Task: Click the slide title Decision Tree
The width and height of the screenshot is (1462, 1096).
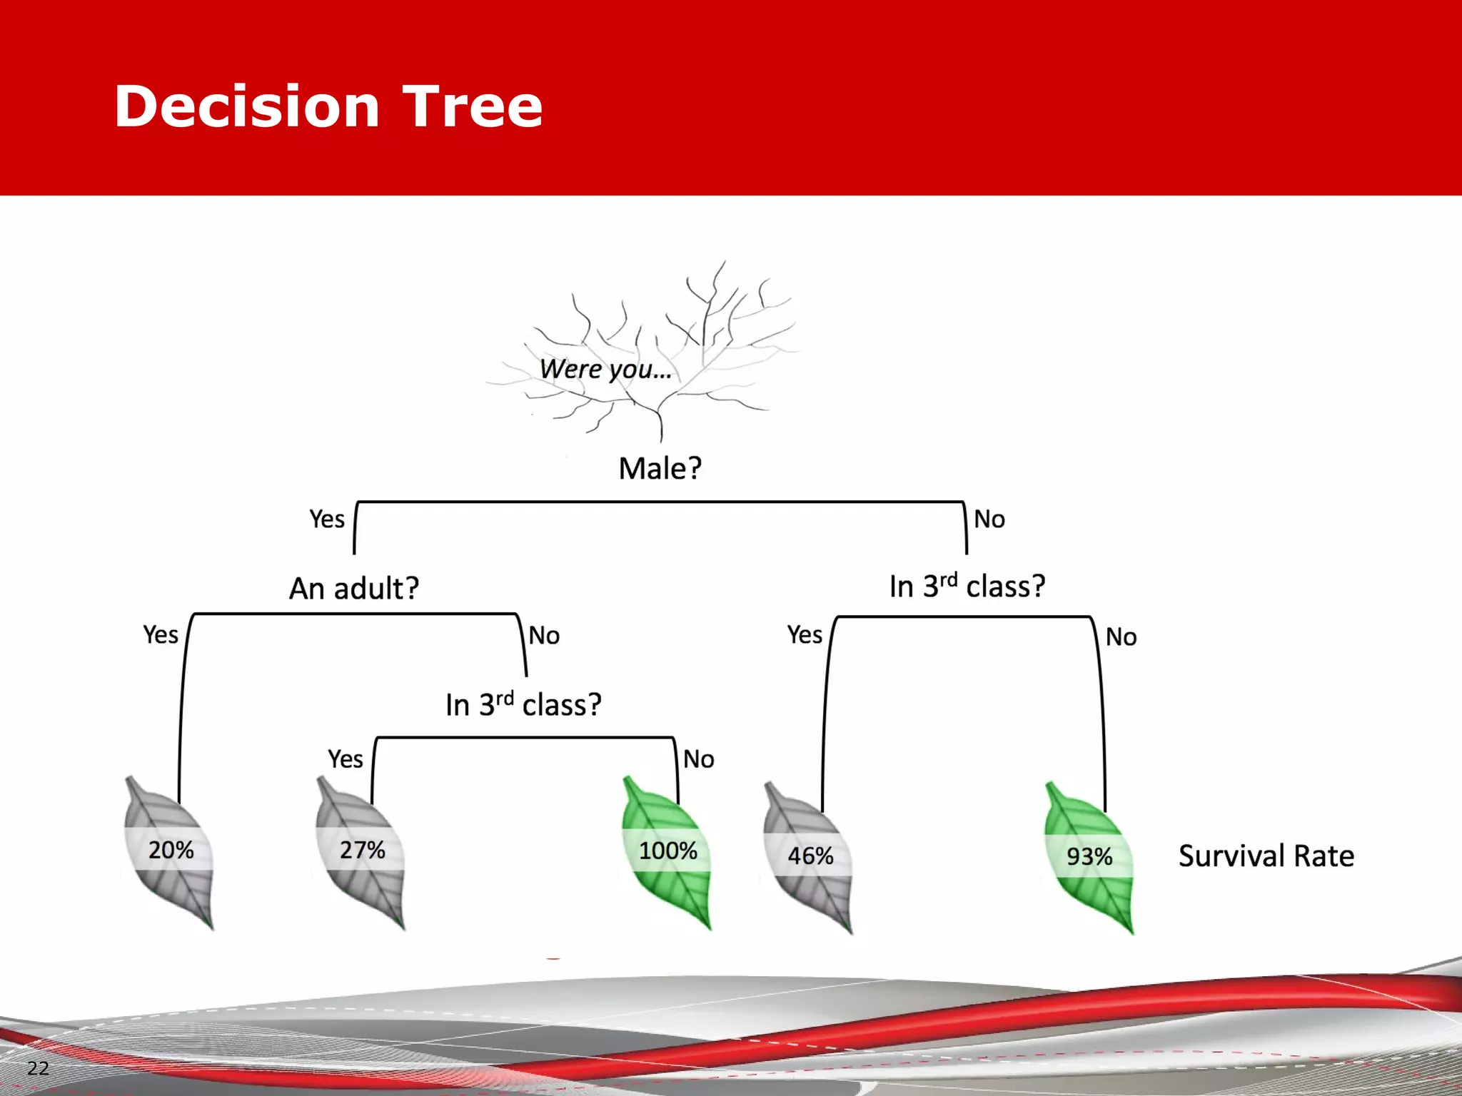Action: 328,107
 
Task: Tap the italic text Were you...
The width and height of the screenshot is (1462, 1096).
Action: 605,370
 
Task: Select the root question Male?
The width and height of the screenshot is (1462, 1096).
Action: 660,469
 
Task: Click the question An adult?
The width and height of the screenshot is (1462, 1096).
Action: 354,589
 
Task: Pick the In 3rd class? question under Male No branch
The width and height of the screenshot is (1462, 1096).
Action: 967,587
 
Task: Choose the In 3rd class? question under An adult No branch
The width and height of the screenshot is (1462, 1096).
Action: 523,705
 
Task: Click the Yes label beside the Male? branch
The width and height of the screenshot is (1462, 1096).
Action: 327,519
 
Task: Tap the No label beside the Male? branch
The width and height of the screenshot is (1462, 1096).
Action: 989,519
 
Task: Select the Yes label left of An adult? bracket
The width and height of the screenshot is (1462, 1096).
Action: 161,634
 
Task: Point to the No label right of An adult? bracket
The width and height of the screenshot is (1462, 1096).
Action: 544,635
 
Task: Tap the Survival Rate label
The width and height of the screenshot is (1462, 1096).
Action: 1266,856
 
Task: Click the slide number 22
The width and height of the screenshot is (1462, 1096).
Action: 38,1068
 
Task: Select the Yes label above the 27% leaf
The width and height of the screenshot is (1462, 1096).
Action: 346,758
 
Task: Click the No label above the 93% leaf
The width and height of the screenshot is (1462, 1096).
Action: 1121,636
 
